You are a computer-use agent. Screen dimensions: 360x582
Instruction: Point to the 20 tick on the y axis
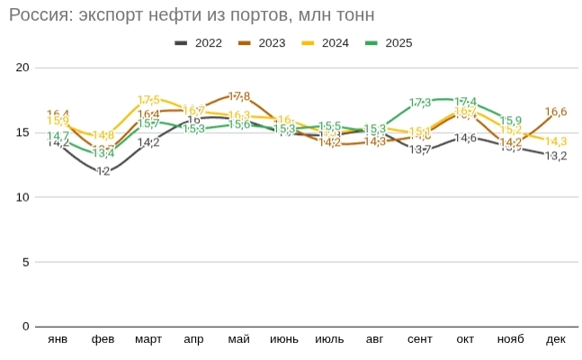pos(23,67)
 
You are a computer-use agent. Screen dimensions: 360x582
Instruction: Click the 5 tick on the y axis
pos(26,262)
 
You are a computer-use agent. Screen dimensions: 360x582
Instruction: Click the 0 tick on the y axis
pos(26,327)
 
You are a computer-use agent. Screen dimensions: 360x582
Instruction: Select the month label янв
pos(58,339)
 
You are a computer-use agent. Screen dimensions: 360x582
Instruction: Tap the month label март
pos(148,339)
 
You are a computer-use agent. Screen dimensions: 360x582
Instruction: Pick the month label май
pos(239,339)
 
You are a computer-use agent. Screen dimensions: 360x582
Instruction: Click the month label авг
pos(374,339)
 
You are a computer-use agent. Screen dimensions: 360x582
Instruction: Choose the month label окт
pos(465,339)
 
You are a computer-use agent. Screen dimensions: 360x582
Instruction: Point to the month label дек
pos(556,339)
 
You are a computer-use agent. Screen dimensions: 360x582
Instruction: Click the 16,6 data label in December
pos(556,112)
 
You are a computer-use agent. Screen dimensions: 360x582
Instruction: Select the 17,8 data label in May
pos(239,96)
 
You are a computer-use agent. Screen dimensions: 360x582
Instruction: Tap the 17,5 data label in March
pos(149,100)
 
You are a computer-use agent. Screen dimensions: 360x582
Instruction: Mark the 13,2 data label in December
pos(556,156)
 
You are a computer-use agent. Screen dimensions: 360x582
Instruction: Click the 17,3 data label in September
pos(420,103)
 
